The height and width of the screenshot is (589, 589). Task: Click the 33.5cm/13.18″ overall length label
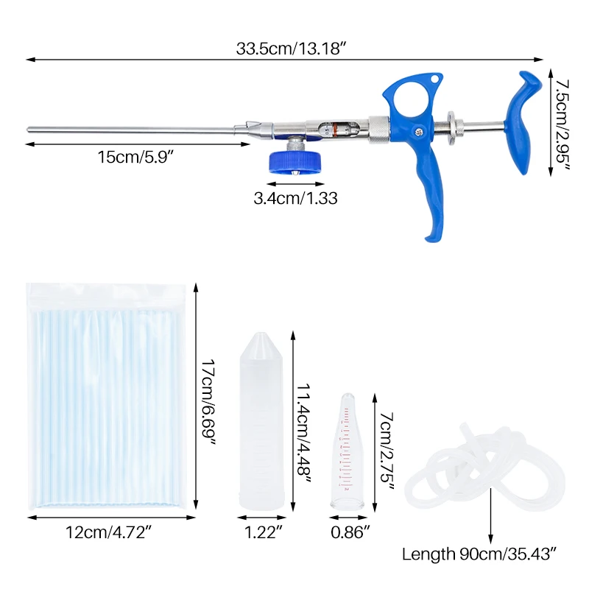point(291,49)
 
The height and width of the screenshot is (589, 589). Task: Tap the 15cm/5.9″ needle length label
point(135,157)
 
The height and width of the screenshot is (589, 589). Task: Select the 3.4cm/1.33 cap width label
point(296,198)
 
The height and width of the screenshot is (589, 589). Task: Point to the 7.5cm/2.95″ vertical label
point(562,124)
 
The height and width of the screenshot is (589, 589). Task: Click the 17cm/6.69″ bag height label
point(209,402)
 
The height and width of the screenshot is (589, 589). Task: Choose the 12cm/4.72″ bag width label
point(108,532)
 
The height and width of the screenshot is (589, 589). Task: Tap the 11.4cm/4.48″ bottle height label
point(304,434)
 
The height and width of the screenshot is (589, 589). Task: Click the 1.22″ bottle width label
point(263,532)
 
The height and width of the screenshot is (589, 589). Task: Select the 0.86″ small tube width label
point(350,532)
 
